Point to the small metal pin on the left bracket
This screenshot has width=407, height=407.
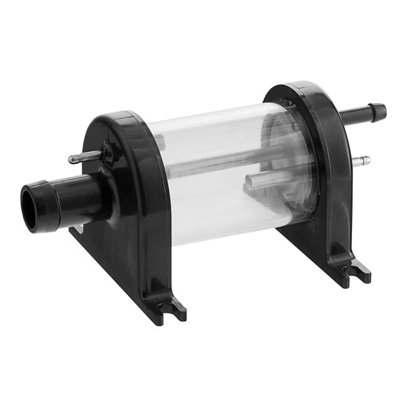80,159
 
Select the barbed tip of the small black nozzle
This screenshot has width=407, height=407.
376,111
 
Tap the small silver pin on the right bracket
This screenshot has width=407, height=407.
364,161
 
